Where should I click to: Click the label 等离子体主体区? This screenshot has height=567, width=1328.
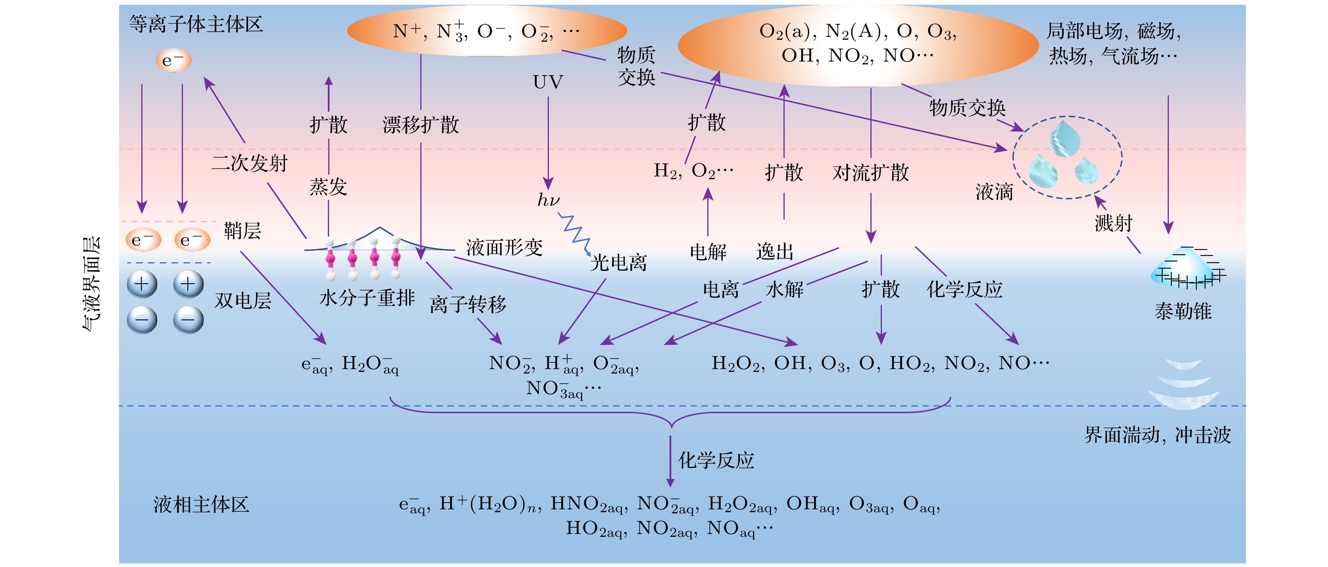pos(196,24)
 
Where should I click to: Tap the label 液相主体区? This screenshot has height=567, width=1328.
pos(201,505)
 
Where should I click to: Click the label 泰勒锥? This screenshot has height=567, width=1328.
pos(1183,312)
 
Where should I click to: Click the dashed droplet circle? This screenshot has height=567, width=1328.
pos(1067,157)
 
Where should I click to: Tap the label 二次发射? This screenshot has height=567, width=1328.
pos(250,163)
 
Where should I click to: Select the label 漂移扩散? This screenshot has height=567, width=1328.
pos(421,125)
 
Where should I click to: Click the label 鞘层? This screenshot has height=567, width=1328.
pos(242,230)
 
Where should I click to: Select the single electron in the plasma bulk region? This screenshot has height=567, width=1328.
pos(174,60)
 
